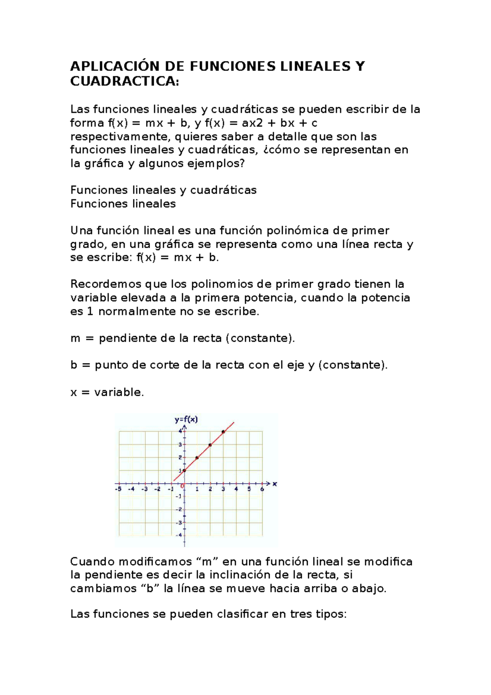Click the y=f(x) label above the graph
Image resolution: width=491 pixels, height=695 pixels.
[x=186, y=419]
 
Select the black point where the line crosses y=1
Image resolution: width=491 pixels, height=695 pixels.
[x=184, y=471]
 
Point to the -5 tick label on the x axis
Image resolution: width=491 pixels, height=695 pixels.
[x=118, y=489]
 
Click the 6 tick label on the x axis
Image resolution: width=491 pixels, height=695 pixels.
[x=262, y=489]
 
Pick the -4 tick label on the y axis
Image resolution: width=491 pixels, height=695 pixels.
[x=179, y=535]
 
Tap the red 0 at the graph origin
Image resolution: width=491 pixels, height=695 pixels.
[x=182, y=486]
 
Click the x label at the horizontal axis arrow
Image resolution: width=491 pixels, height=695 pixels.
[x=275, y=484]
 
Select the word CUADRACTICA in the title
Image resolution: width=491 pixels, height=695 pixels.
[x=124, y=81]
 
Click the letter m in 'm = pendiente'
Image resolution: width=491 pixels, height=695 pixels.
[x=75, y=338]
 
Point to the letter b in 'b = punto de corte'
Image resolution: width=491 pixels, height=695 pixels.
[x=74, y=365]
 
